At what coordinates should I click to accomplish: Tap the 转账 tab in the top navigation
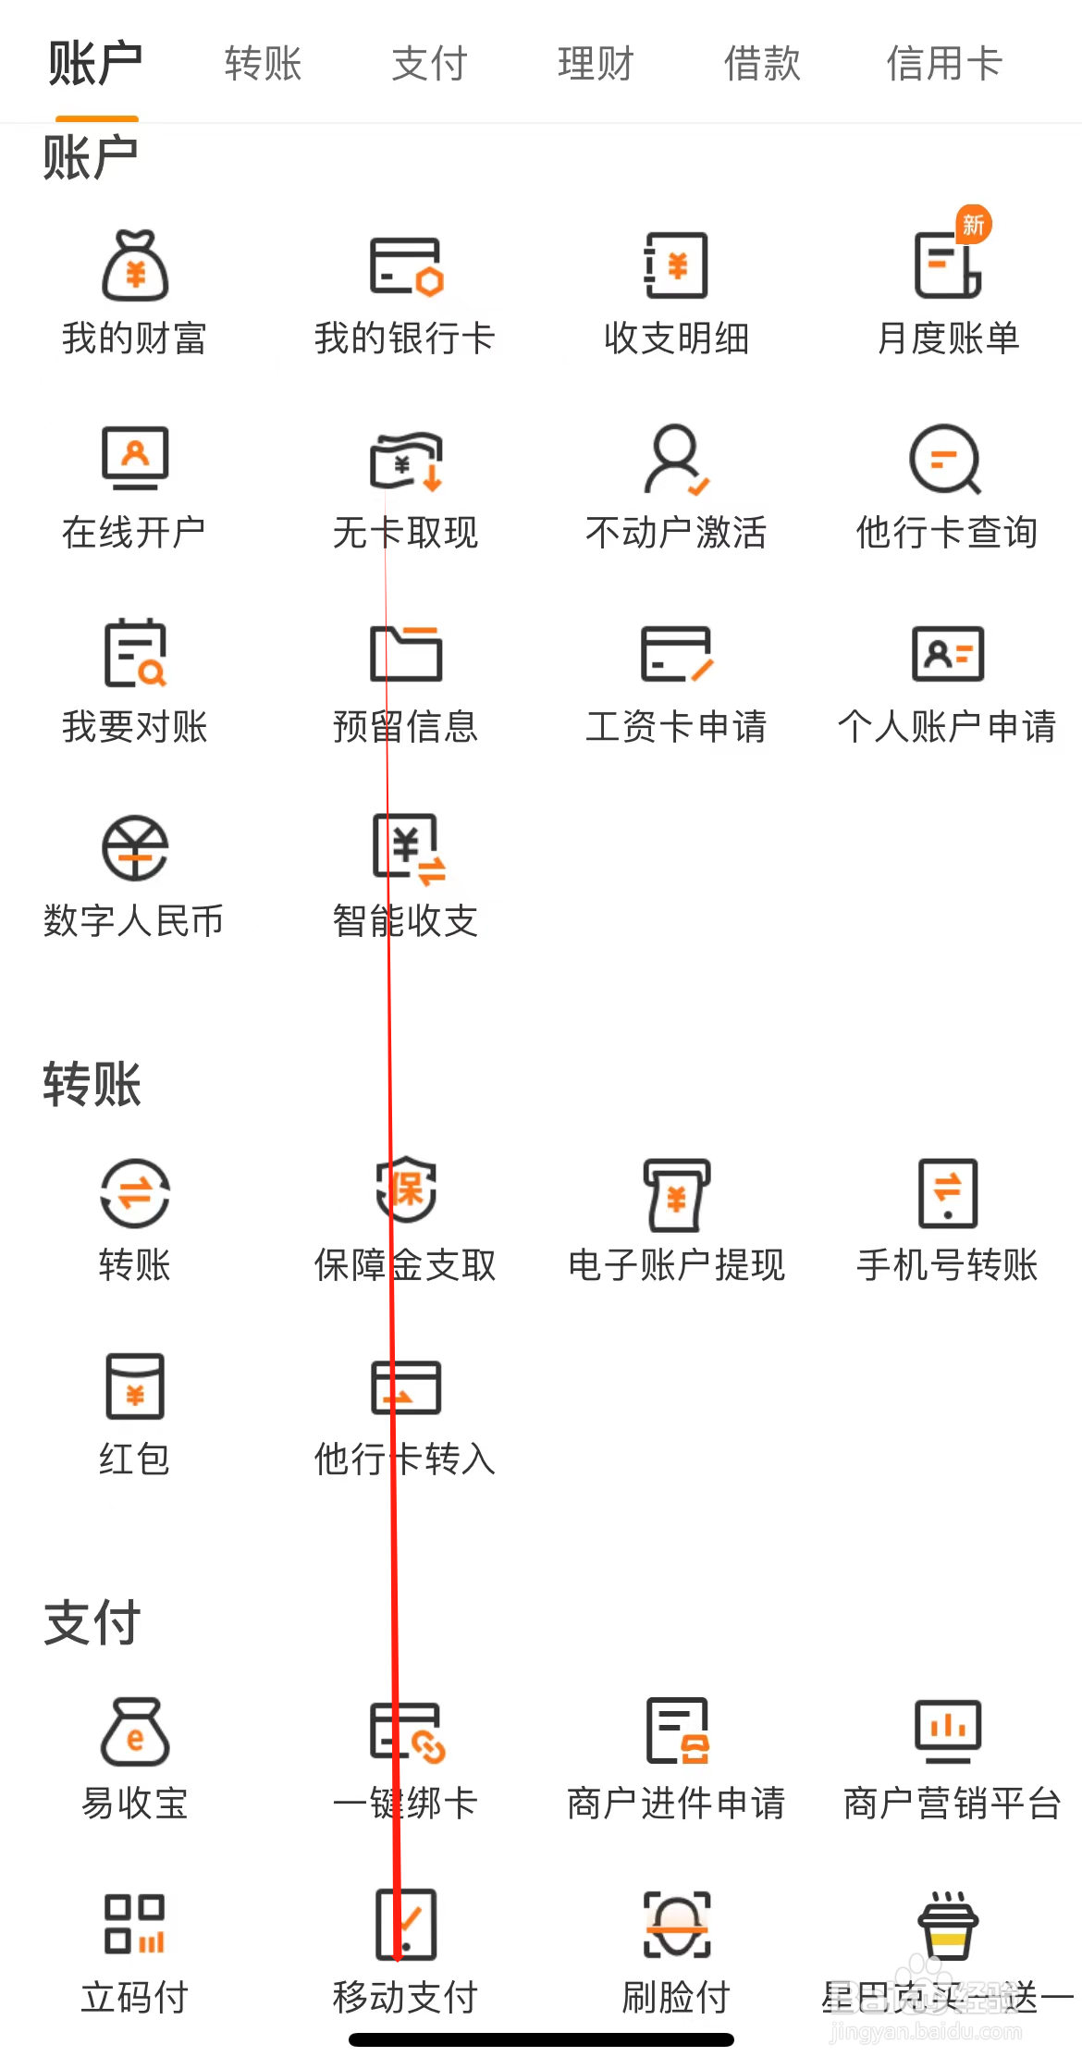[x=264, y=64]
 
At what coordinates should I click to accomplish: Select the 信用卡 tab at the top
[x=944, y=64]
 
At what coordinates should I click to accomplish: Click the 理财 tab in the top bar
[x=596, y=64]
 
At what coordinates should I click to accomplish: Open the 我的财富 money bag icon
[x=135, y=266]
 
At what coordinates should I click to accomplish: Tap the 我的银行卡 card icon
[x=406, y=266]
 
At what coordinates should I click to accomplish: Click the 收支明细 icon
[x=676, y=266]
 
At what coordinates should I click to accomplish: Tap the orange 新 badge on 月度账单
[x=973, y=224]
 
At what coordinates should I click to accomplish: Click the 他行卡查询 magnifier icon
[x=945, y=459]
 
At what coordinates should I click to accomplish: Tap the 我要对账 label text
[x=135, y=727]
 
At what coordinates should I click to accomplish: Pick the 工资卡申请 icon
[x=676, y=654]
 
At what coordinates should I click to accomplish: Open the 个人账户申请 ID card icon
[x=947, y=654]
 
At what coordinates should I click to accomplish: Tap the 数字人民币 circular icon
[x=135, y=848]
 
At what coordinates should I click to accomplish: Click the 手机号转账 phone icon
[x=947, y=1193]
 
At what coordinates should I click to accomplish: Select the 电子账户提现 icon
[x=676, y=1194]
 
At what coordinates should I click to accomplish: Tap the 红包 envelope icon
[x=135, y=1386]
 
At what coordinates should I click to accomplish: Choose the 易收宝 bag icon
[x=135, y=1731]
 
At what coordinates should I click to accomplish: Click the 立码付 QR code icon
[x=135, y=1925]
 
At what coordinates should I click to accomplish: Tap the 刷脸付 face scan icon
[x=676, y=1925]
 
